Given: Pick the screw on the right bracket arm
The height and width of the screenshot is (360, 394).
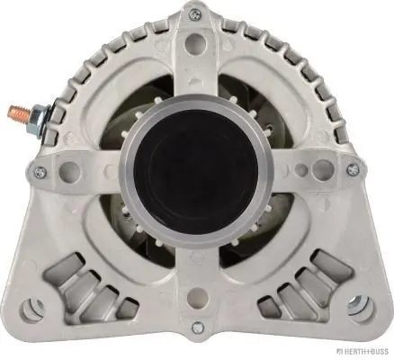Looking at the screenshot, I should tap(352, 168).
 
